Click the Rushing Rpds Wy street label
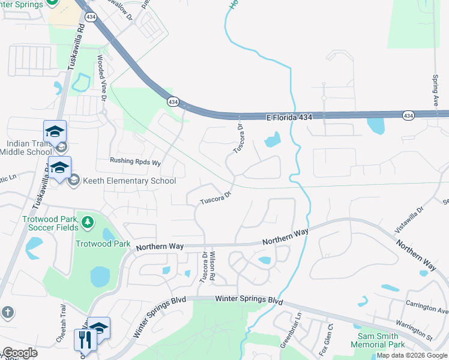click(x=136, y=162)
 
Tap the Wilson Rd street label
click(x=212, y=268)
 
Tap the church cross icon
click(x=7, y=312)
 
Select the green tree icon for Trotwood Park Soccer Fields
click(x=88, y=223)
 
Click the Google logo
click(x=20, y=353)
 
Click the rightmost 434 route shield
click(x=408, y=115)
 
